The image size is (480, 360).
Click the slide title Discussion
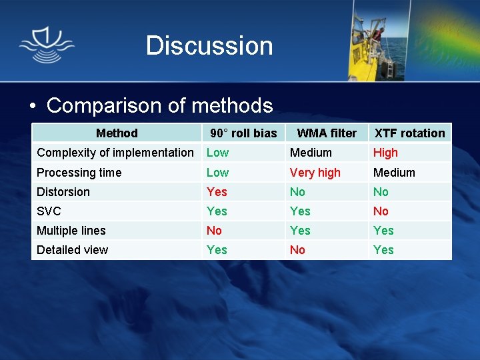(209, 46)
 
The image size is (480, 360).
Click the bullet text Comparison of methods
(159, 105)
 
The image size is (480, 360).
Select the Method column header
(117, 133)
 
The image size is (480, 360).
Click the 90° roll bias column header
(243, 133)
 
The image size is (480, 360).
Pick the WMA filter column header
(327, 133)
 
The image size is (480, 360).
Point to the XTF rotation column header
(409, 133)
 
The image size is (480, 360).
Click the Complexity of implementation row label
(115, 153)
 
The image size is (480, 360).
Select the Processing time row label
(79, 173)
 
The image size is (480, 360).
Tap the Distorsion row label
(63, 192)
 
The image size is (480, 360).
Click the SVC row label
(49, 211)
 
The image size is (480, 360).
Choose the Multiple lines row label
(71, 231)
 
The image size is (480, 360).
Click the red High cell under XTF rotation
(385, 153)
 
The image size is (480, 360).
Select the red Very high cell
(315, 173)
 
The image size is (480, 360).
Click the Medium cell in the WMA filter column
(311, 153)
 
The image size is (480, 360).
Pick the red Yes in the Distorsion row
(217, 192)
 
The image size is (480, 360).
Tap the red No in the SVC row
(381, 211)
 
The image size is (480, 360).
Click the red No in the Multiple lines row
(214, 231)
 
